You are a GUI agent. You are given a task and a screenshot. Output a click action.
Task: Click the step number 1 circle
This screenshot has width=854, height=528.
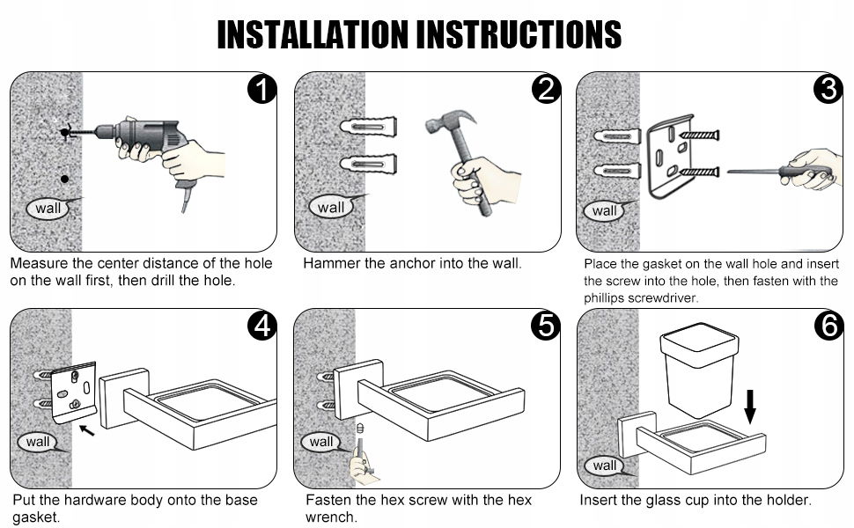click(262, 89)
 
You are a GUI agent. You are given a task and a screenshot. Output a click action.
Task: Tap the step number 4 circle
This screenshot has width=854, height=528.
click(262, 326)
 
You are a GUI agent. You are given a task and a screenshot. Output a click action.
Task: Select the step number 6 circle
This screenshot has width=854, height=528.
click(828, 326)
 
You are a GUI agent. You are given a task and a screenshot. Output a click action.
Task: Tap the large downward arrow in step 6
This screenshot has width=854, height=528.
click(750, 406)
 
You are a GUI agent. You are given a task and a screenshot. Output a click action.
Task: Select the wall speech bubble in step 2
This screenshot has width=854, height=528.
click(332, 207)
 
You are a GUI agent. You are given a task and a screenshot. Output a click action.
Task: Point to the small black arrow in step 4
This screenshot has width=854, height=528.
click(86, 430)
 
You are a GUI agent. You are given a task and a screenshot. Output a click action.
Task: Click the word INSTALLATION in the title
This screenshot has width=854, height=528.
click(313, 34)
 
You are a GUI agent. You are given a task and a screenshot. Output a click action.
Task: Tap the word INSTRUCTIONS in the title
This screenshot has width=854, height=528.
click(519, 34)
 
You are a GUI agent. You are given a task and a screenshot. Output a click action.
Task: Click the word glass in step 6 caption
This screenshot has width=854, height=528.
click(661, 500)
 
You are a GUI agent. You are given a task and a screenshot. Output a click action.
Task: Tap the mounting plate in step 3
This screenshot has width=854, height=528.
click(671, 156)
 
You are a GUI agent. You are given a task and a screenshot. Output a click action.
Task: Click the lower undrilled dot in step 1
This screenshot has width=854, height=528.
click(65, 180)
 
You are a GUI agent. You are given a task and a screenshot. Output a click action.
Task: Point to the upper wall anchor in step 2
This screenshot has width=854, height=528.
click(368, 128)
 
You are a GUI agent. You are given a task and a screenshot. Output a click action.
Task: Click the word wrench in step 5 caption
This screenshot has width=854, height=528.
click(331, 517)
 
